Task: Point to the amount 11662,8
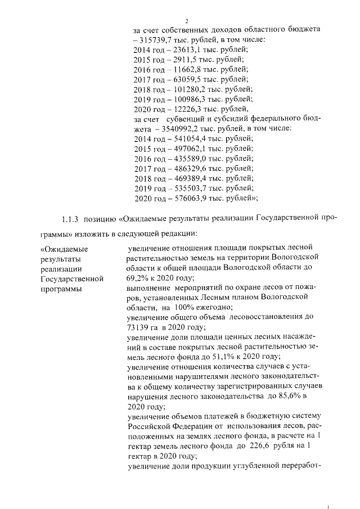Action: (x=182, y=69)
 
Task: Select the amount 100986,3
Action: (x=185, y=100)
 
